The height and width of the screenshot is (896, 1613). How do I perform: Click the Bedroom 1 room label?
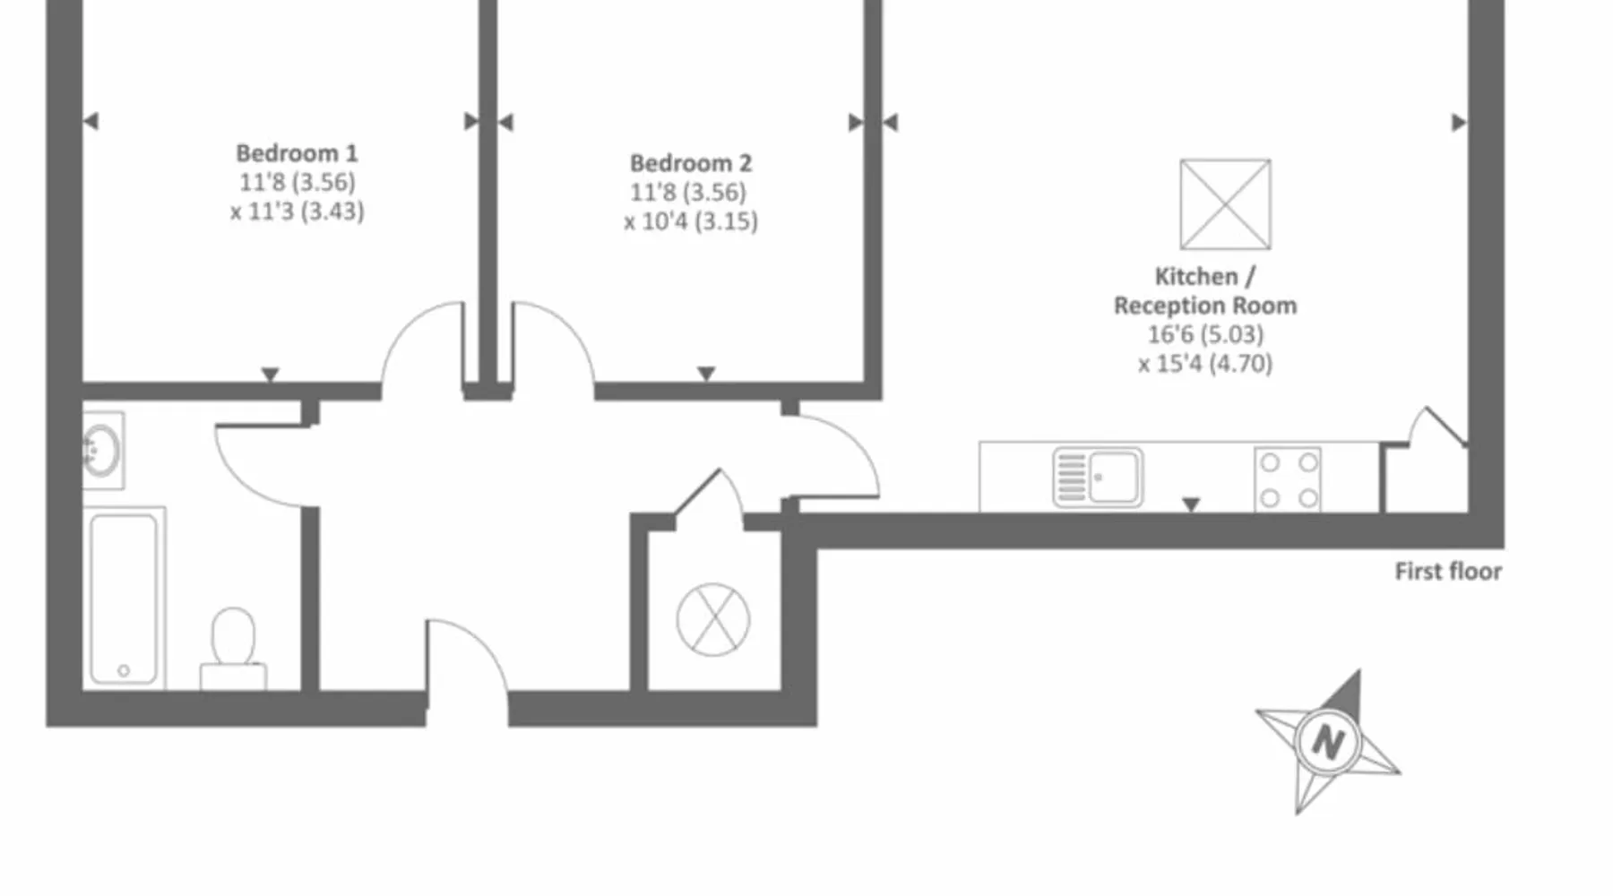(297, 153)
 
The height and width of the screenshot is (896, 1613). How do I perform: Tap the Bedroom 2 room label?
(690, 163)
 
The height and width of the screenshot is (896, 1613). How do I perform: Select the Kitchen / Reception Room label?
(1204, 290)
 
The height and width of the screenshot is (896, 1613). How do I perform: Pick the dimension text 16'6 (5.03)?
(1205, 334)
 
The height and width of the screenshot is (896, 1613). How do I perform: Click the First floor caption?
(1447, 572)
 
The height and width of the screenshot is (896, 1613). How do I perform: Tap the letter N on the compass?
(1327, 742)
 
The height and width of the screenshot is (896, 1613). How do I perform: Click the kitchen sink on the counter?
(1098, 478)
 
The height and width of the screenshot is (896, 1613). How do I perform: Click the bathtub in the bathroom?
(125, 599)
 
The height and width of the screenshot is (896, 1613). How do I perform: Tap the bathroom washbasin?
(101, 450)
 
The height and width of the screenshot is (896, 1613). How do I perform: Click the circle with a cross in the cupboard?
(713, 619)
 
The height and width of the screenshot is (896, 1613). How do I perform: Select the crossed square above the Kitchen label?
(1225, 204)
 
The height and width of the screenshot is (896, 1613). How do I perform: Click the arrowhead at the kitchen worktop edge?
(1191, 505)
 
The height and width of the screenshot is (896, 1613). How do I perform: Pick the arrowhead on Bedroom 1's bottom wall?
(270, 375)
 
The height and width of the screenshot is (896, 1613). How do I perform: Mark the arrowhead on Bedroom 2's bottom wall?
(706, 374)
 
